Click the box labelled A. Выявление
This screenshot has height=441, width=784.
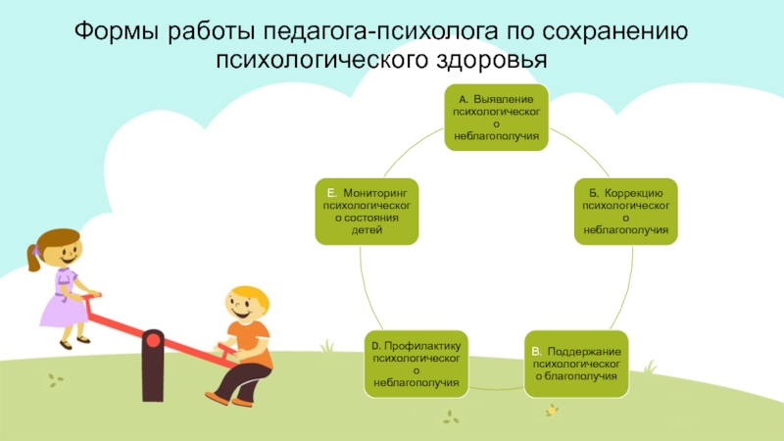[496, 117]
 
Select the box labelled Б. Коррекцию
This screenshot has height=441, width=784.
[625, 211]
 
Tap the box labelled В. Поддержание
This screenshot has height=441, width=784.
[575, 363]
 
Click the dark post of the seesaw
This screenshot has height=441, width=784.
[153, 372]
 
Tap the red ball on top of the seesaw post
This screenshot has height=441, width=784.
[153, 339]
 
